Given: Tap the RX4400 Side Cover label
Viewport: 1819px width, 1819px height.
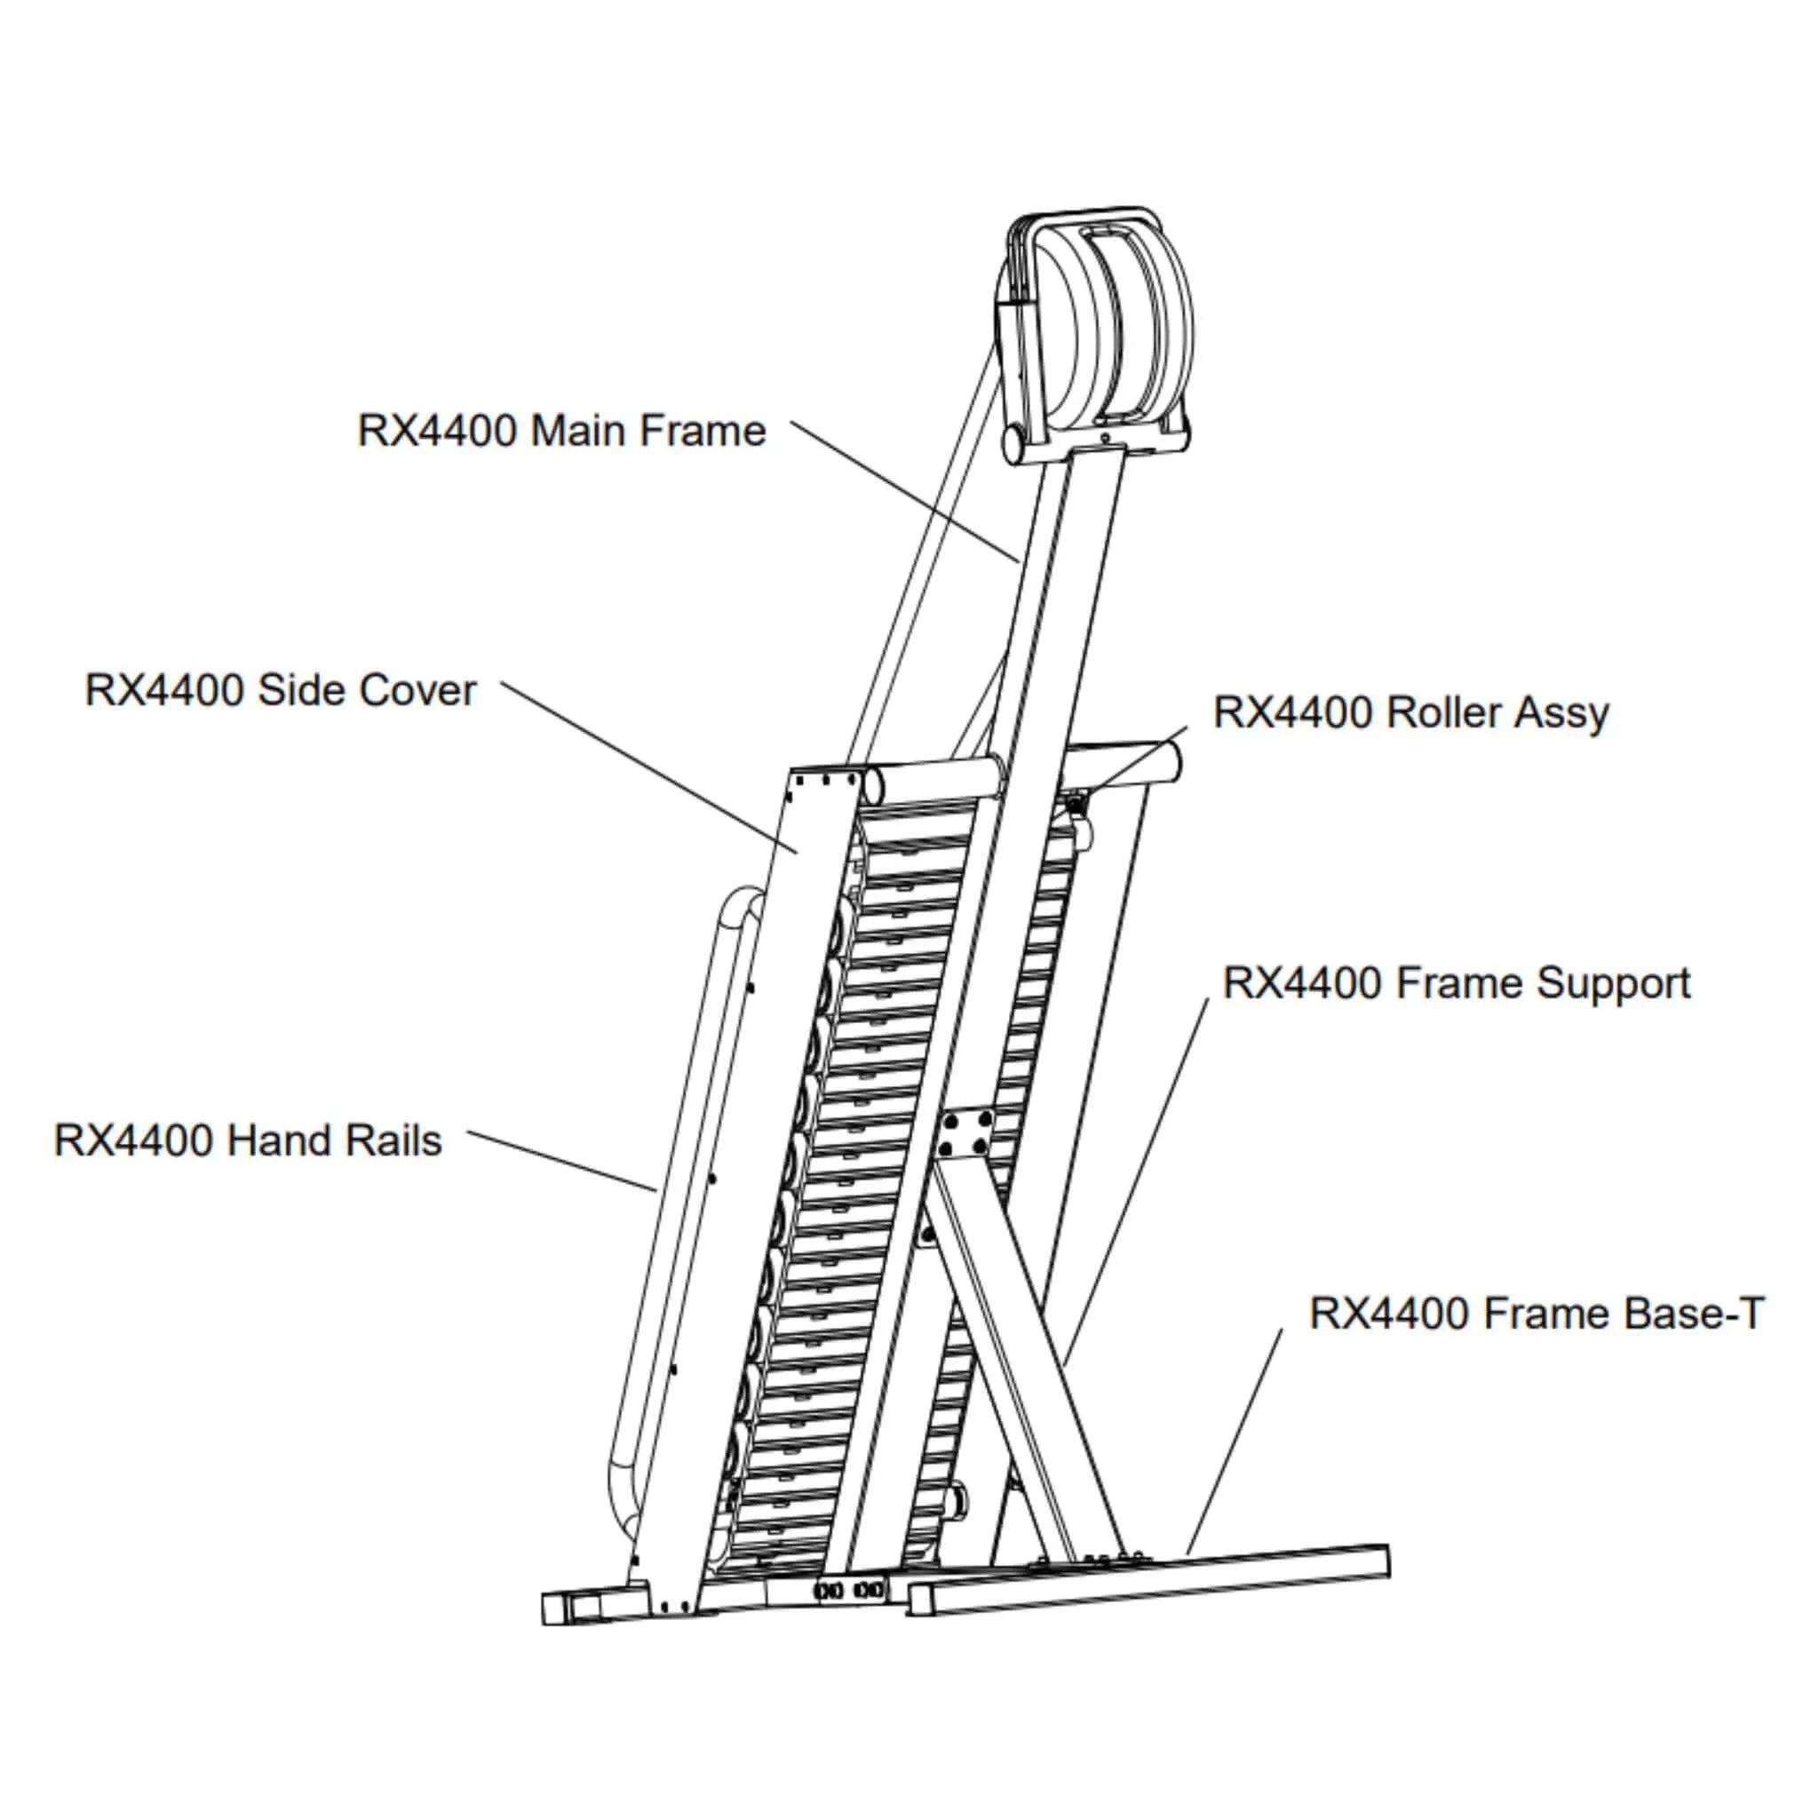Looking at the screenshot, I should point(281,690).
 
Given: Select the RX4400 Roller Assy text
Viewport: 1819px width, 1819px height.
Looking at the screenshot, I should point(1410,712).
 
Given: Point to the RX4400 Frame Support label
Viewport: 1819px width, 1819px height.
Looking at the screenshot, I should point(1456,984).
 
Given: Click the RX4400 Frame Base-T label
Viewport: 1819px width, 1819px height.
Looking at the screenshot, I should point(1536,1314).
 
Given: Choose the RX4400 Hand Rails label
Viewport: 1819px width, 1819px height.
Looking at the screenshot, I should point(248,1141).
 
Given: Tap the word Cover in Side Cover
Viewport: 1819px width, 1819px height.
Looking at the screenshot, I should point(417,690).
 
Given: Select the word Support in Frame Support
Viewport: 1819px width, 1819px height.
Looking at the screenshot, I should point(1614,984).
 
